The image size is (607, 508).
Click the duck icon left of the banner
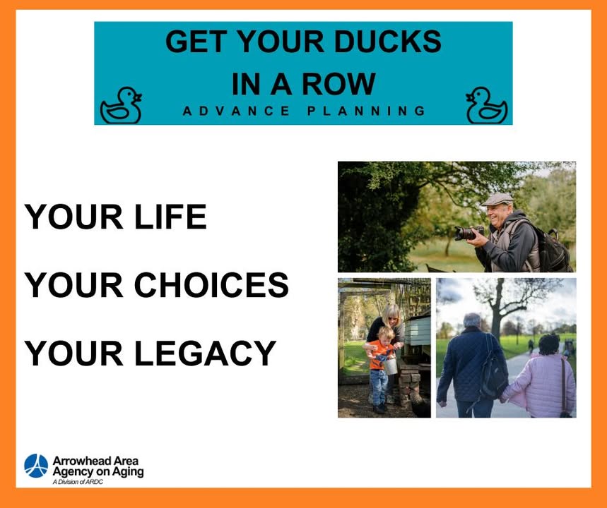point(120,105)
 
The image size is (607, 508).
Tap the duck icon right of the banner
point(486,105)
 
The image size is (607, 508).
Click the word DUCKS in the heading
point(387,42)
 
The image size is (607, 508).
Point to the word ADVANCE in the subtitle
point(236,111)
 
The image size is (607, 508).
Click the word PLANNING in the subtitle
point(366,111)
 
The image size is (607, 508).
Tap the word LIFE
point(170,217)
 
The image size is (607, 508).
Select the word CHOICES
point(211,285)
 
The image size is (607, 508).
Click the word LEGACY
point(205,353)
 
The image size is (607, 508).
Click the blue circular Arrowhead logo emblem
point(36,466)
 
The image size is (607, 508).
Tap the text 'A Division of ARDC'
point(78,482)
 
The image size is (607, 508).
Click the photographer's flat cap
point(497,199)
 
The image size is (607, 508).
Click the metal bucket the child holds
point(390,365)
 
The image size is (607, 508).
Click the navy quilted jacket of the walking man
point(466,363)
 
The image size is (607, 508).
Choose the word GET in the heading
point(196,42)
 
